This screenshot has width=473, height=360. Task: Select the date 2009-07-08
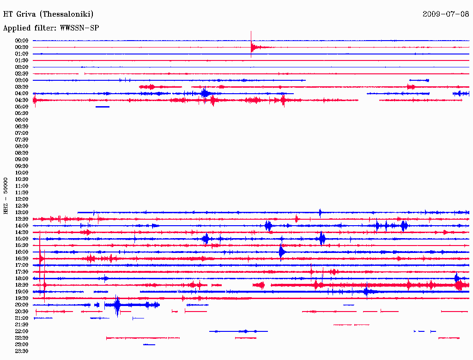point(446,14)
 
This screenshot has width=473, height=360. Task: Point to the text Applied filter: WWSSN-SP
point(51,28)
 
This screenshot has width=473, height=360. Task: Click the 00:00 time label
point(22,41)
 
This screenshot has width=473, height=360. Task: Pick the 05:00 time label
point(22,107)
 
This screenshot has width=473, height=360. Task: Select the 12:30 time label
point(22,206)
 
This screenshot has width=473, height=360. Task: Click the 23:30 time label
point(22,351)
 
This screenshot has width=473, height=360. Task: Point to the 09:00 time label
point(22,160)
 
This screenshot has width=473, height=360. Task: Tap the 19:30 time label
point(22,299)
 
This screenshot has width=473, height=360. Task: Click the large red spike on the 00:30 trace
point(252,47)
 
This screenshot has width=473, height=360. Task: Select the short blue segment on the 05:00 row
point(103,107)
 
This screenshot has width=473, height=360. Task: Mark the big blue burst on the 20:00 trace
point(117,305)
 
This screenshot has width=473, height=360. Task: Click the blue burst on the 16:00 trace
point(281,252)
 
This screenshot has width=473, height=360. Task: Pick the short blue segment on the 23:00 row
point(149,345)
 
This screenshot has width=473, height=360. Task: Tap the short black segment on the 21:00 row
point(138,318)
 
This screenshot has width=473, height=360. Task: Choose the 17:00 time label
point(22,265)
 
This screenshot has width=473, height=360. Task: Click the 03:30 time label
point(22,87)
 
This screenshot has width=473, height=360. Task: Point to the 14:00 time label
point(22,226)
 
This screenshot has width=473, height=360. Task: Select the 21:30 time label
point(22,325)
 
